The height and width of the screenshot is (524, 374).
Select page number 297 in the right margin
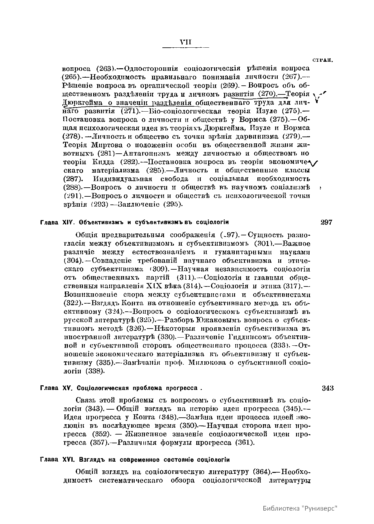point(326,222)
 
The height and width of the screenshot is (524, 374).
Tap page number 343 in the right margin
point(328,388)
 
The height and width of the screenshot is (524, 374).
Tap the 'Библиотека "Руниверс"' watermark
point(300,508)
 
